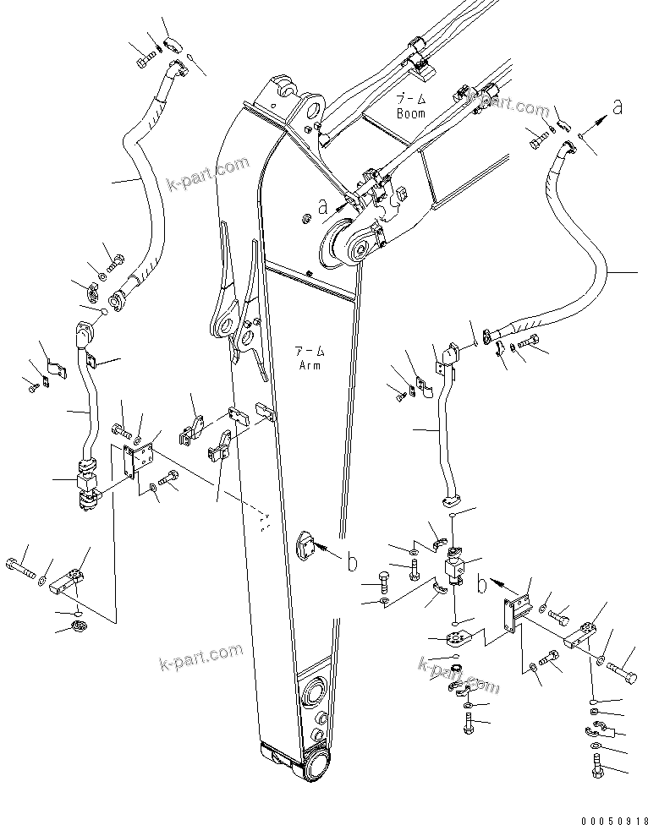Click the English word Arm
[310, 365]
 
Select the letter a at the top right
[618, 107]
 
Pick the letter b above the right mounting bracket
[483, 583]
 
